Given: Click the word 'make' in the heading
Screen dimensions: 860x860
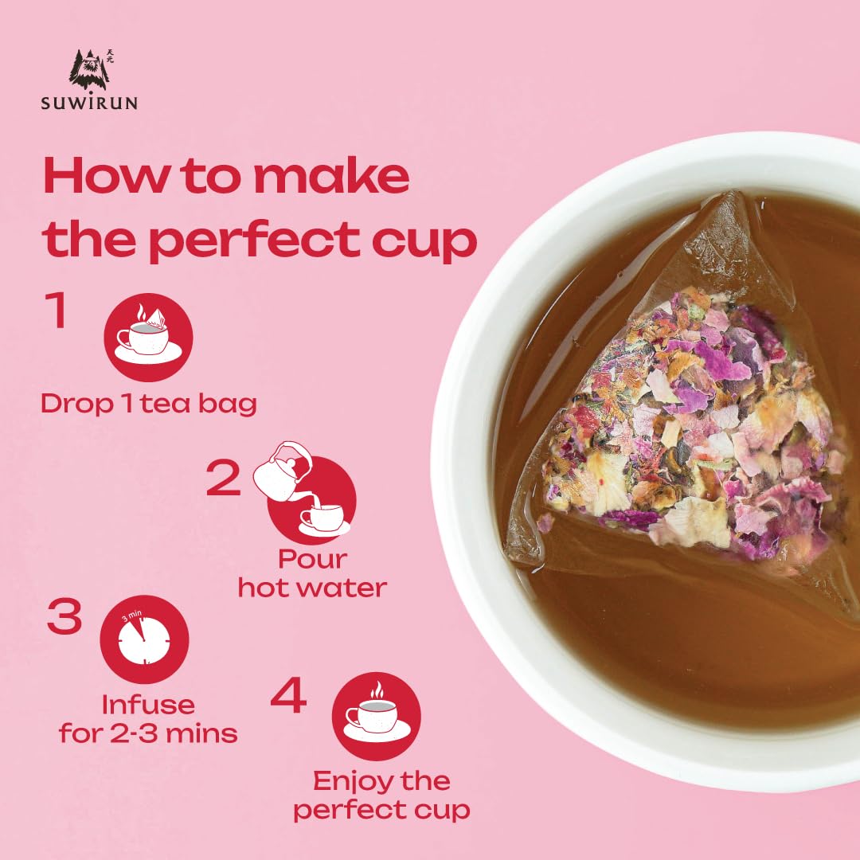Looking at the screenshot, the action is click(332, 175).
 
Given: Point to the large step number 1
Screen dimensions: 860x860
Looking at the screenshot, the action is click(57, 310).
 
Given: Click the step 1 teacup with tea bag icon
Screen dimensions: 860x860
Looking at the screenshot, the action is click(148, 337).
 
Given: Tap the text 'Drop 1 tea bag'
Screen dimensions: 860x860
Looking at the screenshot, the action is click(149, 405).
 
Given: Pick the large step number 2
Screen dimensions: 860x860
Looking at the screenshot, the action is click(223, 479).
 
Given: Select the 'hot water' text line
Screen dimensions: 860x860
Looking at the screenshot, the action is click(312, 588).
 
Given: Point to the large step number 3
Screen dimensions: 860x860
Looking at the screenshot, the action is click(64, 616).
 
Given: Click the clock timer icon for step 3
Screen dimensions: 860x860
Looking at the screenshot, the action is click(144, 639).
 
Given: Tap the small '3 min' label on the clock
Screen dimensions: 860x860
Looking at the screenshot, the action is click(131, 616).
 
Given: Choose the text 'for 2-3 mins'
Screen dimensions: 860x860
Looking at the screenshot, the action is click(148, 733).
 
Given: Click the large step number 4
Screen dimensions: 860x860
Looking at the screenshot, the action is click(288, 695).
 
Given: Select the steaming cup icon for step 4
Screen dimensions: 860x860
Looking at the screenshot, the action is click(376, 717).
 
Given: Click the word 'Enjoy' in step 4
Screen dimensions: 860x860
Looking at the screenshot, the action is click(353, 782).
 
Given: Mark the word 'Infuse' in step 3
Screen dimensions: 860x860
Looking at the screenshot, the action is click(148, 705).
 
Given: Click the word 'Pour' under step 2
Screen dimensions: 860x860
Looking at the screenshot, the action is click(313, 560).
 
